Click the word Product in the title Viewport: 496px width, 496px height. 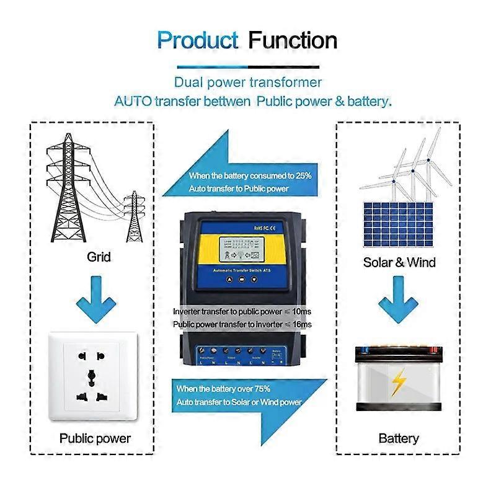click(197, 41)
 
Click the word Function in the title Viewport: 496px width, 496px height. click(293, 41)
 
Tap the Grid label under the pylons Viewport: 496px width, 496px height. click(99, 255)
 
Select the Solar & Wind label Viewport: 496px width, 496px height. click(399, 262)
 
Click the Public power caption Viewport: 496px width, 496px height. click(95, 438)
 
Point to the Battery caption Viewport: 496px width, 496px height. click(399, 438)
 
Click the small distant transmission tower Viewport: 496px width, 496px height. click(133, 217)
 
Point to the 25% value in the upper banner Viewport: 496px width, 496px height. click(303, 176)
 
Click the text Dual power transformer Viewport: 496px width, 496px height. click(248, 82)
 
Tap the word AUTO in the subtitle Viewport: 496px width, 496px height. click(133, 101)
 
